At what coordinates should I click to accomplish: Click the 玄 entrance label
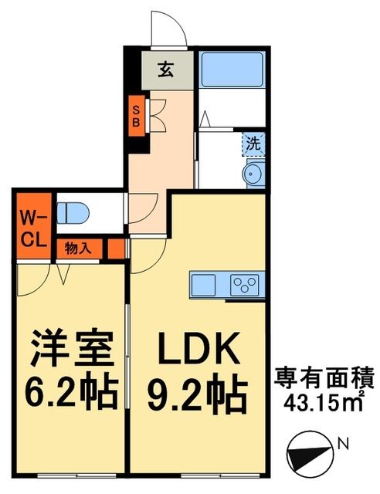[x=165, y=69]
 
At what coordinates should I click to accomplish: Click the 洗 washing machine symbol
[x=253, y=143]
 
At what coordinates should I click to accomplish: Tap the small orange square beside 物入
[x=115, y=249]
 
